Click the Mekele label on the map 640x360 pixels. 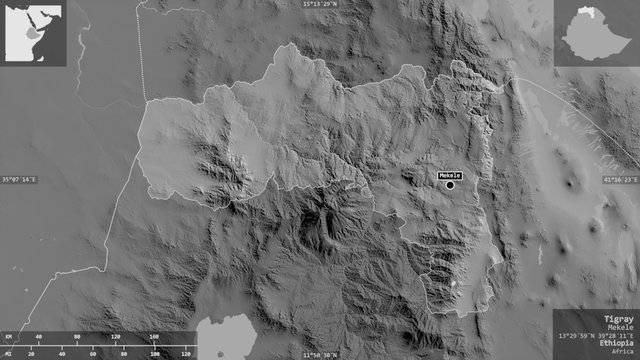click(x=449, y=175)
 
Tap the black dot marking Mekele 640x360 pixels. click(x=450, y=184)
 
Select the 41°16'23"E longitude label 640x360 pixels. click(x=619, y=179)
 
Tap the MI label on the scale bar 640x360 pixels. click(x=7, y=354)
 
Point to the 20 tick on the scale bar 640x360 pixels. click(x=31, y=354)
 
